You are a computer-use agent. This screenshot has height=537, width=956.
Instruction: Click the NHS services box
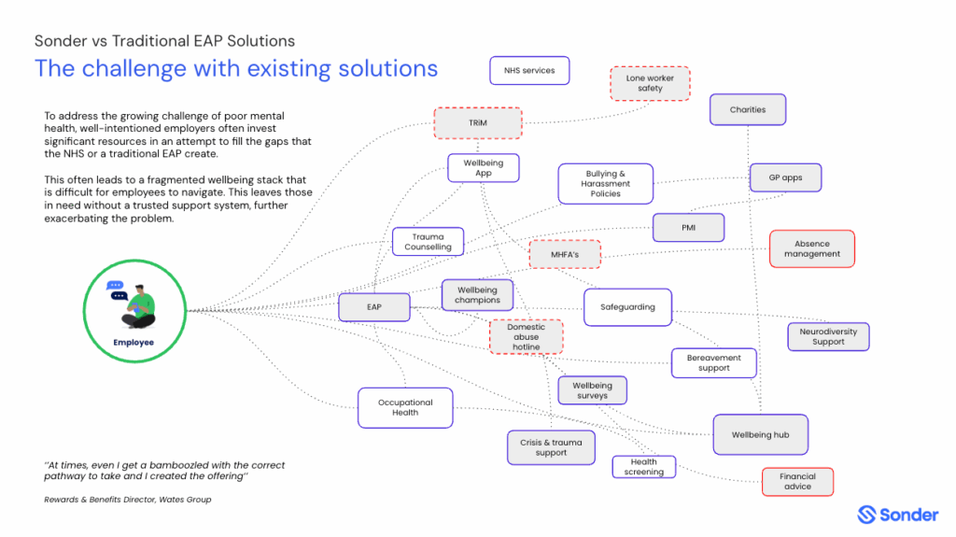tap(529, 71)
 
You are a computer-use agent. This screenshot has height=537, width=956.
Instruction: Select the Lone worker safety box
tap(650, 84)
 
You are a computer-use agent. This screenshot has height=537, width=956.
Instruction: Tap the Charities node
tap(748, 110)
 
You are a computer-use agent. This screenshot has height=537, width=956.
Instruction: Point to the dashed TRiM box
tap(477, 123)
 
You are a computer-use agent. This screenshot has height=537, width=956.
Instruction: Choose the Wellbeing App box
tap(483, 168)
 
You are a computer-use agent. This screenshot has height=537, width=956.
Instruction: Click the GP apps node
tap(786, 177)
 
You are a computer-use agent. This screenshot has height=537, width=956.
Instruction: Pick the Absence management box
tap(811, 248)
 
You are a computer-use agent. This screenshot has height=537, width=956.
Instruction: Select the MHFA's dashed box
tap(564, 254)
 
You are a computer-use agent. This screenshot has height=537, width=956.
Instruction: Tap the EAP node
tap(373, 306)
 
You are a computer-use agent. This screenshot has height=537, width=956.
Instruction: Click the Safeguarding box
tap(627, 307)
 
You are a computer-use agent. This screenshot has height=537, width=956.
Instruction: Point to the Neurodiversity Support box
tap(827, 336)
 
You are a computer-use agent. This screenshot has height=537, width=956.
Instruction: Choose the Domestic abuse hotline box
tap(527, 337)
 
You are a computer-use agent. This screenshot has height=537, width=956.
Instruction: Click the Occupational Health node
tap(405, 407)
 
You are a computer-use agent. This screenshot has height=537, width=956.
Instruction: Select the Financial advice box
tap(797, 482)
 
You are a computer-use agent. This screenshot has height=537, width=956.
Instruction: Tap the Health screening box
tap(643, 467)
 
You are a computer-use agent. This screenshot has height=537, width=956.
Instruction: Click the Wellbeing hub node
tap(760, 435)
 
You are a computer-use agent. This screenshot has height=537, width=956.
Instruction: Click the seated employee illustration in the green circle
tap(135, 304)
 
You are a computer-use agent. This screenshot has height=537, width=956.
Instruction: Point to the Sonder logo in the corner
tap(897, 515)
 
